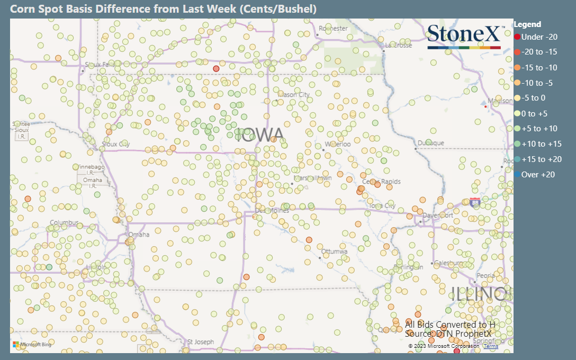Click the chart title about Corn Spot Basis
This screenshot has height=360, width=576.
pos(164,9)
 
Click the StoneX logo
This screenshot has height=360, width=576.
pos(464,36)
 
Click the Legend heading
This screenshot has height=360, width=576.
pos(527,24)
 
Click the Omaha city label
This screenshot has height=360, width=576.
pos(139,235)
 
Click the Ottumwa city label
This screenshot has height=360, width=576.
pos(335,251)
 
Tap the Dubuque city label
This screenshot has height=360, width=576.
pos(430,143)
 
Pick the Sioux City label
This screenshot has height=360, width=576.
pos(115,144)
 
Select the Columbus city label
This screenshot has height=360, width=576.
pos(64,222)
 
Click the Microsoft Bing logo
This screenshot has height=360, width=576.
pos(32,345)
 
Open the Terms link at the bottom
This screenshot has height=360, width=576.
pos(491,346)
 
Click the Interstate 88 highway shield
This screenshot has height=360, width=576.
pos(475,202)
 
